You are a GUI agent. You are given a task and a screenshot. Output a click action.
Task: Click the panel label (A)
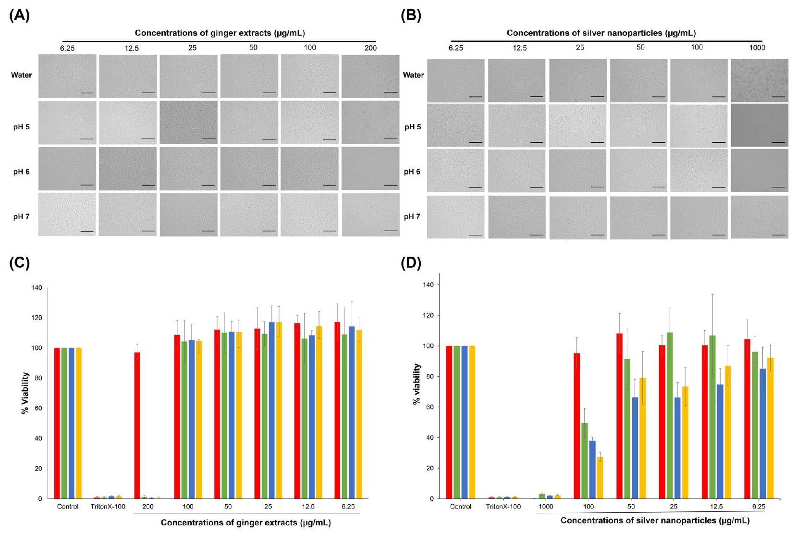pyautogui.click(x=19, y=16)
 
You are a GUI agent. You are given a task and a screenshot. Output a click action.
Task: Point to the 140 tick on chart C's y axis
pyautogui.click(x=37, y=288)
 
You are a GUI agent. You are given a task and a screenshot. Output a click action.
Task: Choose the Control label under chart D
pyautogui.click(x=461, y=507)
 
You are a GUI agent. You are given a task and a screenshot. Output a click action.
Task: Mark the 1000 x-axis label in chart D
pyautogui.click(x=546, y=507)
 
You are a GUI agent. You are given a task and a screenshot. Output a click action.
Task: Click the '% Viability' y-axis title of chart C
pyautogui.click(x=25, y=393)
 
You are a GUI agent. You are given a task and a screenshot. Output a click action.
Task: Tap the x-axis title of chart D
pyautogui.click(x=655, y=521)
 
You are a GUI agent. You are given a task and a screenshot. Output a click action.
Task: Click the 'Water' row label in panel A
pyautogui.click(x=22, y=75)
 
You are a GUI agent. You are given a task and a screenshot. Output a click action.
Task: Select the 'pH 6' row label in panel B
pyautogui.click(x=412, y=172)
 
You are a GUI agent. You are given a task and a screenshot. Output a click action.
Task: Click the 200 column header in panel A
pyautogui.click(x=370, y=48)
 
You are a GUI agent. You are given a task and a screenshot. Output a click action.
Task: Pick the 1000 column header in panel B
pyautogui.click(x=757, y=48)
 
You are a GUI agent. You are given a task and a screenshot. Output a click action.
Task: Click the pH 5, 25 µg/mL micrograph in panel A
pyautogui.click(x=189, y=122)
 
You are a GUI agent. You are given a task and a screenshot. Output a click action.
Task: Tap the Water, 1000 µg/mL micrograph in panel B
pyautogui.click(x=759, y=80)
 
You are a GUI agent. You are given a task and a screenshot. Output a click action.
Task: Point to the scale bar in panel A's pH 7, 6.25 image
pyautogui.click(x=87, y=231)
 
